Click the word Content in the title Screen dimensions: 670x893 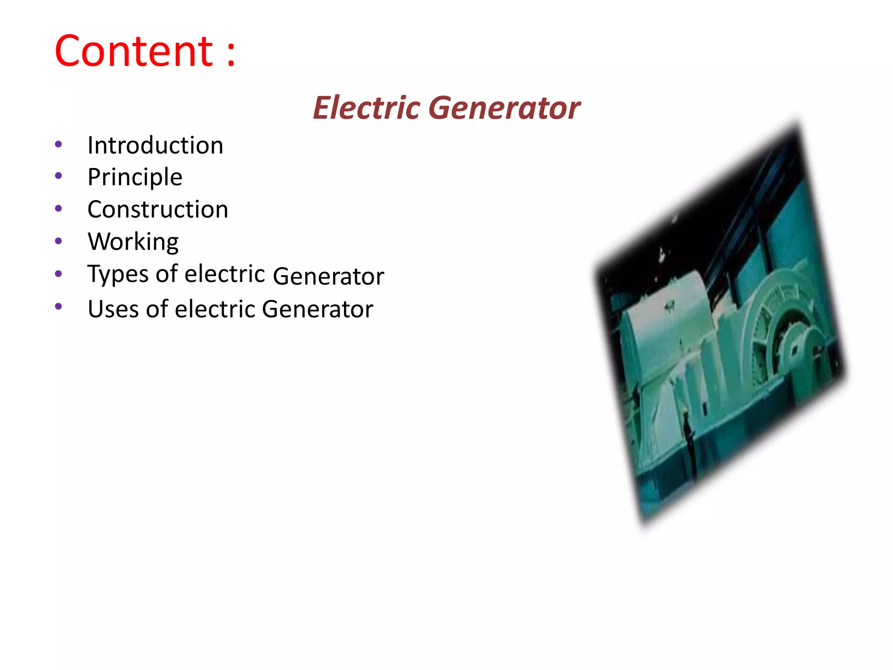coord(134,51)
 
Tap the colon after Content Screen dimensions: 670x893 coord(231,55)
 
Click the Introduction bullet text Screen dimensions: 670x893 coord(155,145)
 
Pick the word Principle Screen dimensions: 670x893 coord(135,178)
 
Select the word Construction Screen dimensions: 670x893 coord(157,209)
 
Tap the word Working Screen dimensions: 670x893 coord(133,242)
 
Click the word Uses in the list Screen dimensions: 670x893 coord(112,309)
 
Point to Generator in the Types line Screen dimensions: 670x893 coord(328,276)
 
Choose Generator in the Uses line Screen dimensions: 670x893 coord(317,309)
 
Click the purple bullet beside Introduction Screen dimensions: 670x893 coord(58,144)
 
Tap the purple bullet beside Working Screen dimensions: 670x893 coord(58,241)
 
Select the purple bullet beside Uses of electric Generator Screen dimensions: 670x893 coord(58,306)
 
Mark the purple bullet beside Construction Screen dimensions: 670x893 coord(58,209)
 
